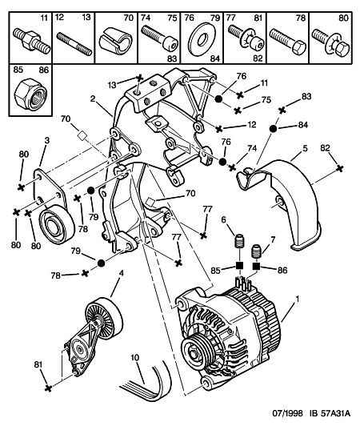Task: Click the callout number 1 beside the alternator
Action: [298, 299]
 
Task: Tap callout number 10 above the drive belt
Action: [134, 357]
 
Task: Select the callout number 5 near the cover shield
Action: [305, 148]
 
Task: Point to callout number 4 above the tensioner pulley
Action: [121, 273]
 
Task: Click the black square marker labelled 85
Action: [239, 266]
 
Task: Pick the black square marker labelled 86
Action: [256, 266]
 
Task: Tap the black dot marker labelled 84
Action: [273, 128]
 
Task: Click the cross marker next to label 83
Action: [282, 110]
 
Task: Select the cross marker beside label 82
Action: [339, 168]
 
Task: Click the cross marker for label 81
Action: [48, 388]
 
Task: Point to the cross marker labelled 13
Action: [139, 78]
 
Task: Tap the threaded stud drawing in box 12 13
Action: [74, 44]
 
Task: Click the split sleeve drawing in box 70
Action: [115, 42]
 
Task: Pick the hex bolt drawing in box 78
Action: [288, 42]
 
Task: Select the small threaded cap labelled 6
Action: [238, 240]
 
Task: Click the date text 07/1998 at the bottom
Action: [287, 413]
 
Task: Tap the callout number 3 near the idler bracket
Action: [47, 140]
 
